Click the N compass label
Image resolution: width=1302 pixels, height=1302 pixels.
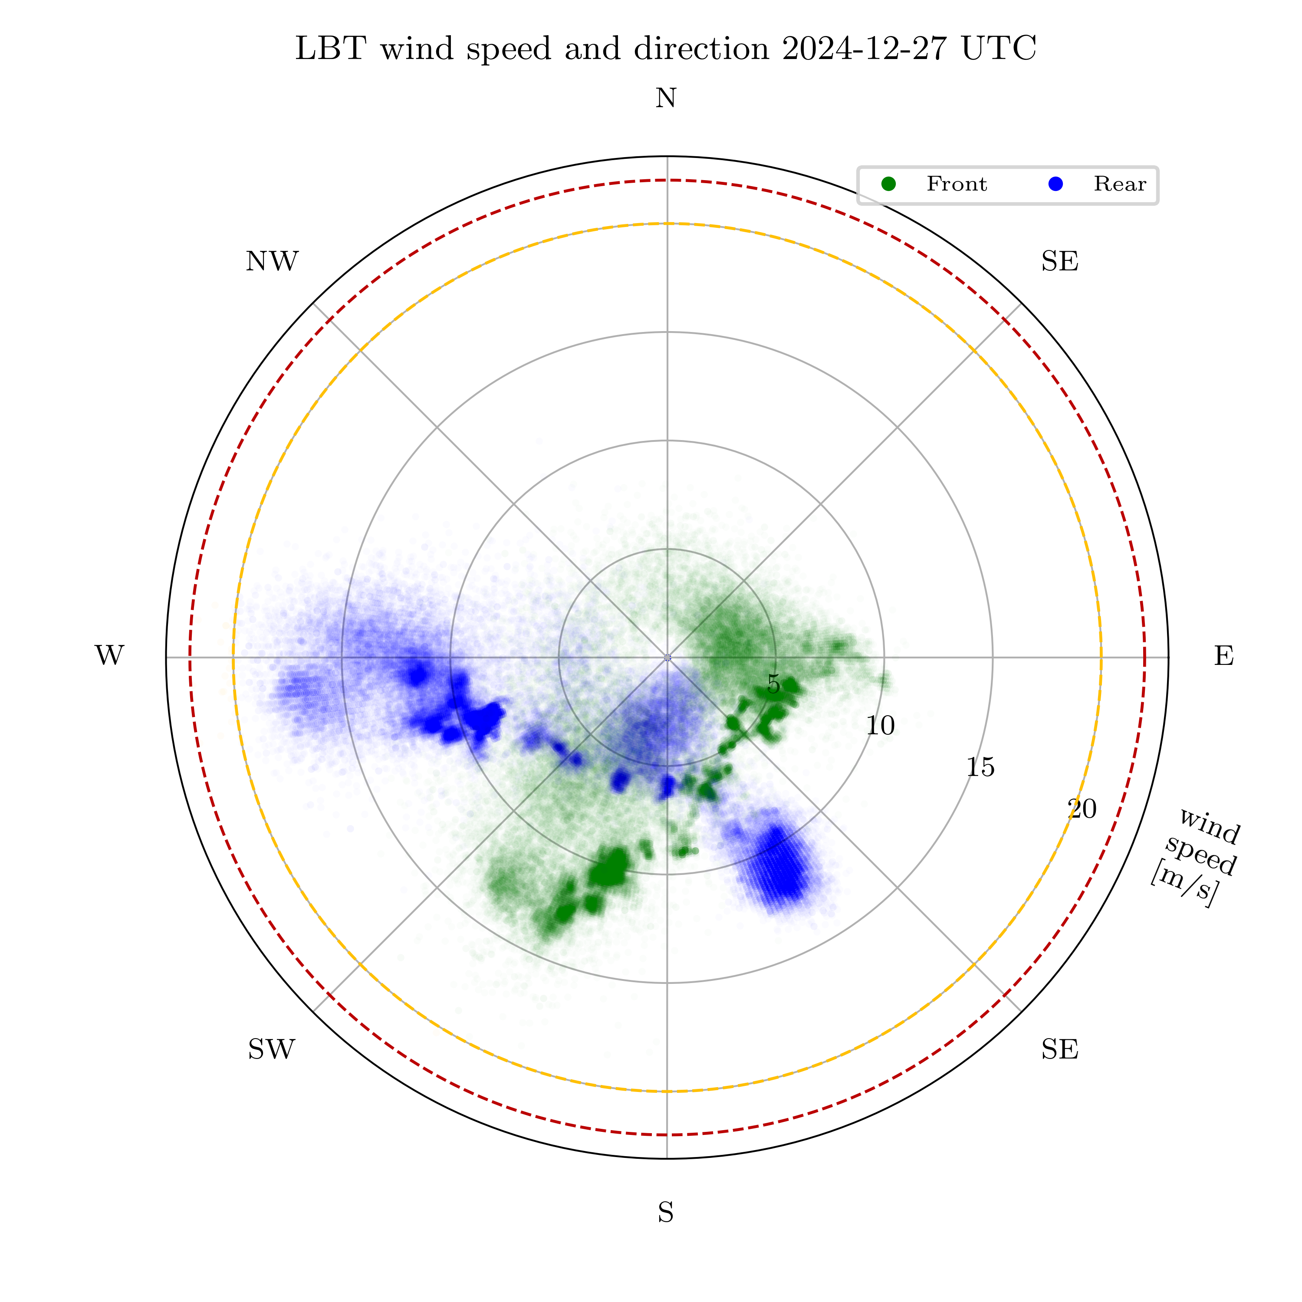click(x=666, y=99)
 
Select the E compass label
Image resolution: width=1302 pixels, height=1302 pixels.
click(x=1224, y=656)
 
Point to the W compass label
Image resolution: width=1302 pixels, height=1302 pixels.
click(x=109, y=656)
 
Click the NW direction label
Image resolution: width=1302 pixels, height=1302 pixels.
click(x=272, y=261)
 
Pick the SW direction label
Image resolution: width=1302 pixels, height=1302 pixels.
click(x=272, y=1049)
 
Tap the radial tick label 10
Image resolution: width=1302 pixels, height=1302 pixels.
click(x=880, y=726)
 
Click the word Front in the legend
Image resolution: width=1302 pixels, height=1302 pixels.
click(x=956, y=184)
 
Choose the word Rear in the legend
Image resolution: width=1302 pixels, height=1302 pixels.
click(x=1119, y=184)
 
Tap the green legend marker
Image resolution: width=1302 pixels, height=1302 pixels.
click(x=889, y=184)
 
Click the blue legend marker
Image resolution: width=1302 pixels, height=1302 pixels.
click(x=1056, y=184)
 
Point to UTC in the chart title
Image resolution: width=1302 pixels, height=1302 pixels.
click(x=999, y=49)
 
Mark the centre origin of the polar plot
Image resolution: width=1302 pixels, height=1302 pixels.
click(x=667, y=657)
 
